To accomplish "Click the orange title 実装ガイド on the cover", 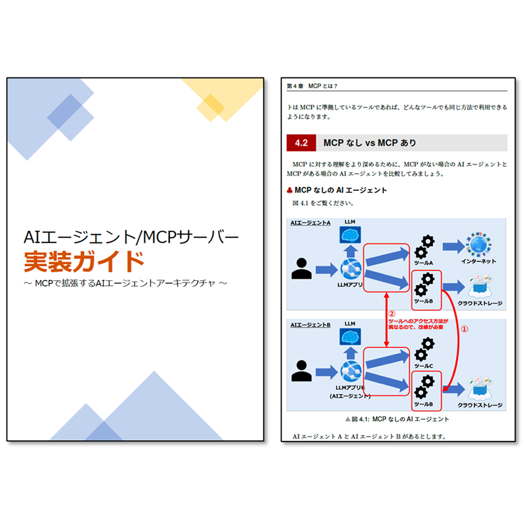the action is click(x=84, y=262).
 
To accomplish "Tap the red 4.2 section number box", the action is click(x=301, y=143).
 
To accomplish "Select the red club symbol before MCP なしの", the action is click(x=290, y=191).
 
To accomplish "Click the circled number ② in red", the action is click(x=392, y=314).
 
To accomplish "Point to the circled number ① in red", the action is click(x=464, y=329).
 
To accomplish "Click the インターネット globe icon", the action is click(x=479, y=244).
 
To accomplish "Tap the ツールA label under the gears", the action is click(x=423, y=263).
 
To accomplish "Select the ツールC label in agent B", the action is click(x=423, y=366).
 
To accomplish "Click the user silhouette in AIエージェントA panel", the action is click(x=302, y=268).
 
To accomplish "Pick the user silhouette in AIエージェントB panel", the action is click(x=302, y=371).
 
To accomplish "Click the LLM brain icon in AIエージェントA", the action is click(x=350, y=234).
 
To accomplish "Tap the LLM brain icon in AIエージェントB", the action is click(x=350, y=336).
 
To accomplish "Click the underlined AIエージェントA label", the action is click(x=311, y=223).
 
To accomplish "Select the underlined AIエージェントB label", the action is click(x=311, y=325).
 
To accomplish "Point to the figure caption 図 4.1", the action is click(x=397, y=419).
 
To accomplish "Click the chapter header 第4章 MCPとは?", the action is click(x=312, y=86).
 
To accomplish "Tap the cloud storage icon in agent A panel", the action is click(x=480, y=286).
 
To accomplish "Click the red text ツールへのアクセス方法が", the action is click(x=418, y=321).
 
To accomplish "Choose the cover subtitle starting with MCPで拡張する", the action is click(x=125, y=283).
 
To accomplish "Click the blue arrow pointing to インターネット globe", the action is click(x=453, y=247).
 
